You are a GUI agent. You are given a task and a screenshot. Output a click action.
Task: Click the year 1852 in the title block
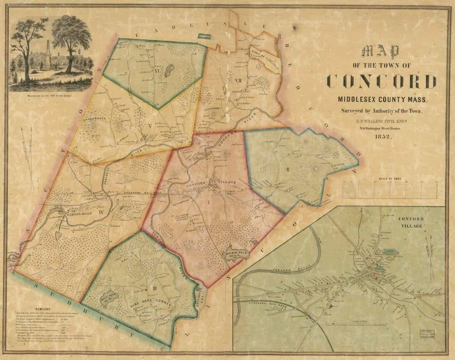click(381, 137)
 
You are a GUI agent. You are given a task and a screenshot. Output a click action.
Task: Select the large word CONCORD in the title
click(381, 81)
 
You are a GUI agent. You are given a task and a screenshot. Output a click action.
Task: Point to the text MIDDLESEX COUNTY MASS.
click(381, 100)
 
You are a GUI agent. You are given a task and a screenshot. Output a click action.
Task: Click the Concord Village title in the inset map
click(410, 222)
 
